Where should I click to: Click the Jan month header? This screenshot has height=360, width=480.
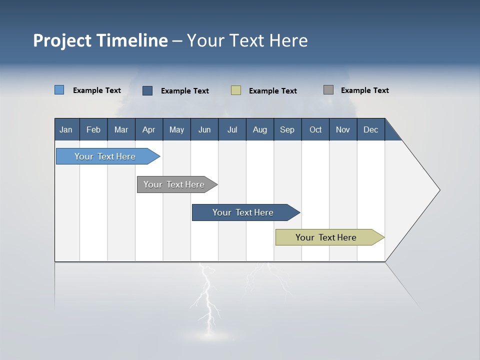[x=66, y=129]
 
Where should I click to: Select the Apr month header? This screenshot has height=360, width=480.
[x=148, y=129]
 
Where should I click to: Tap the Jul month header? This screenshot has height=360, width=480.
[x=232, y=129]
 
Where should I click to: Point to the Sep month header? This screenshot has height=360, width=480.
[x=287, y=129]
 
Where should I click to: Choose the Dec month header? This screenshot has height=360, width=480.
[x=370, y=129]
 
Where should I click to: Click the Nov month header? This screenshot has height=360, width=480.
[x=342, y=129]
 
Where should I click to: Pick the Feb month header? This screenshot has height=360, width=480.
[x=93, y=129]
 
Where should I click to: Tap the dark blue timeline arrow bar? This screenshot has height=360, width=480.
[x=243, y=212]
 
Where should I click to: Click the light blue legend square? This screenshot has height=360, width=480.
[x=59, y=90]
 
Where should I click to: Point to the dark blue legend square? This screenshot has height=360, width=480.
[x=147, y=90]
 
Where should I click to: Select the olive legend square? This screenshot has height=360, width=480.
[x=236, y=90]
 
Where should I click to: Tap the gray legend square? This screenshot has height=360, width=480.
[x=328, y=90]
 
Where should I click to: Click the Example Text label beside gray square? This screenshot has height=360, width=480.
[x=364, y=90]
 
